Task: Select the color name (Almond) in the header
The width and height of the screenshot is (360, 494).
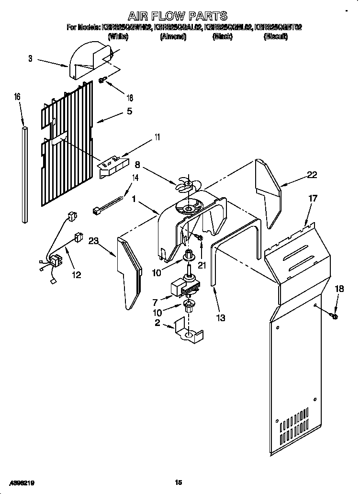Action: (x=173, y=37)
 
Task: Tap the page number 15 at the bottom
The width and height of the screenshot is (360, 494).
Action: (x=179, y=483)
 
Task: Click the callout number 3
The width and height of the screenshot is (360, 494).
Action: (x=30, y=59)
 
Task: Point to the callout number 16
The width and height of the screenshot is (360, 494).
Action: (x=17, y=97)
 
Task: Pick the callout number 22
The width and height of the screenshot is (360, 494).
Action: (x=312, y=175)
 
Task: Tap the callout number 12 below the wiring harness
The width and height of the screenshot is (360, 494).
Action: (x=76, y=275)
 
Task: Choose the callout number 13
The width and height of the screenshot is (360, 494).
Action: (x=221, y=317)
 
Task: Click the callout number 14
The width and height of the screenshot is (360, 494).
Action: (x=135, y=179)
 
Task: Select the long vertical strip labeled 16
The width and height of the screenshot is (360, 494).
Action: (x=24, y=175)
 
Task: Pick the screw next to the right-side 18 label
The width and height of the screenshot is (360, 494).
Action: (x=333, y=315)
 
